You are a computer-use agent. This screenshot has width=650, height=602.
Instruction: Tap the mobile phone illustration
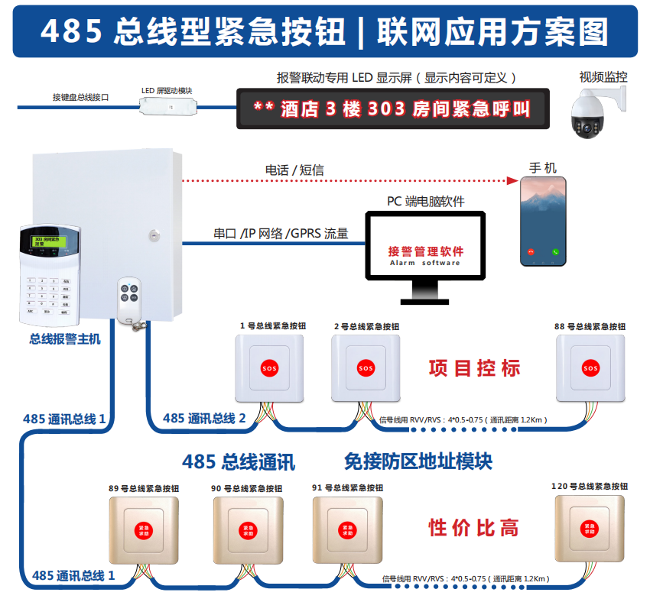(x=544, y=222)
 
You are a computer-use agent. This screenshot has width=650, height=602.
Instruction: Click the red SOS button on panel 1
(x=271, y=367)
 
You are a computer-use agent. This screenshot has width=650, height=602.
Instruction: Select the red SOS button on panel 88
(x=590, y=367)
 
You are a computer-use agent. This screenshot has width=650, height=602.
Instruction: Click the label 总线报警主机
(x=65, y=339)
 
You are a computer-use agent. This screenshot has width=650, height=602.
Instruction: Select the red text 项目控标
(x=475, y=368)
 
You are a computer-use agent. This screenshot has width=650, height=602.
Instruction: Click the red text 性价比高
(x=474, y=528)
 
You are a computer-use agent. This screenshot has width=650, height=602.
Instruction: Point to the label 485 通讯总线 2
(x=204, y=418)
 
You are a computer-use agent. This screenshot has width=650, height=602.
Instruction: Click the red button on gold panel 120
(x=590, y=528)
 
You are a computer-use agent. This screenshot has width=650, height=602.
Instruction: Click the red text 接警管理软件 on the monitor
(x=425, y=251)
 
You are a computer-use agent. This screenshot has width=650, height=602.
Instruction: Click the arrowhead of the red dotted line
(x=512, y=181)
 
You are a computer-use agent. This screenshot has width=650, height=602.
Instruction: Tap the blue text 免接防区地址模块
(x=418, y=461)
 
